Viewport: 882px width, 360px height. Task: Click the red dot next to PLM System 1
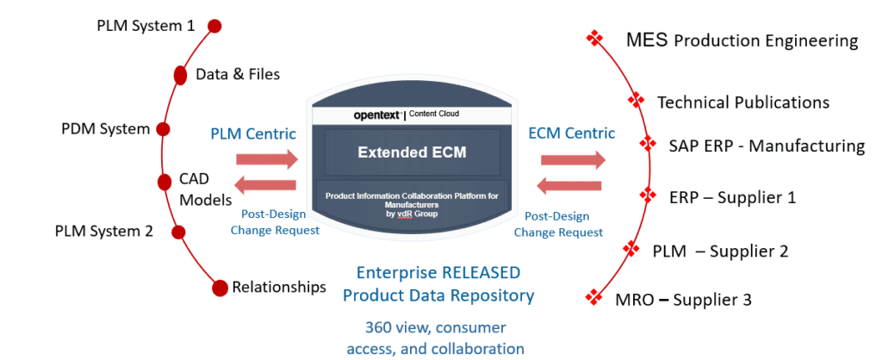click(214, 26)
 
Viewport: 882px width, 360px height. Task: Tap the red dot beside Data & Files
click(181, 75)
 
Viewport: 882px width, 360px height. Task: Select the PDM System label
click(105, 129)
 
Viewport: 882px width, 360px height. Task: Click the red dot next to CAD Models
click(165, 182)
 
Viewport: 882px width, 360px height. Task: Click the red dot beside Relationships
click(218, 287)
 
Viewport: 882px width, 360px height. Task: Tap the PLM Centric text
click(253, 133)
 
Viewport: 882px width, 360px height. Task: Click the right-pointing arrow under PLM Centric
click(267, 159)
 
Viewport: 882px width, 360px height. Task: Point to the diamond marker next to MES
click(593, 38)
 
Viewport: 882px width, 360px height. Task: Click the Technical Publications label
click(743, 102)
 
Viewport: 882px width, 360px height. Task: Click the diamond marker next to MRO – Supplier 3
click(593, 297)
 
